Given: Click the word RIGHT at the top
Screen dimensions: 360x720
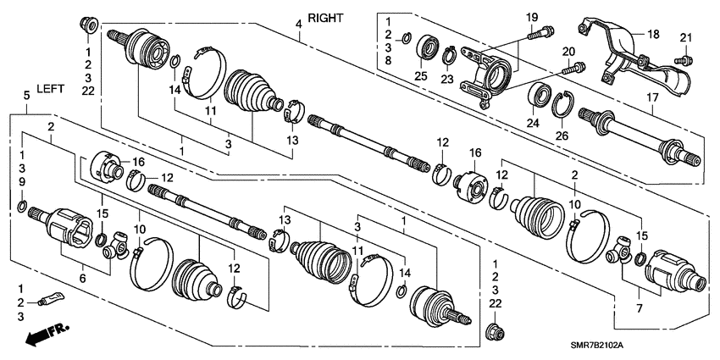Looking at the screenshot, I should point(325,17).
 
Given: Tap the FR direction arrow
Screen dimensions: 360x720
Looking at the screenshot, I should point(47,334).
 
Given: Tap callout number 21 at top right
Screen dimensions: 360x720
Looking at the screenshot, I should point(685,35).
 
